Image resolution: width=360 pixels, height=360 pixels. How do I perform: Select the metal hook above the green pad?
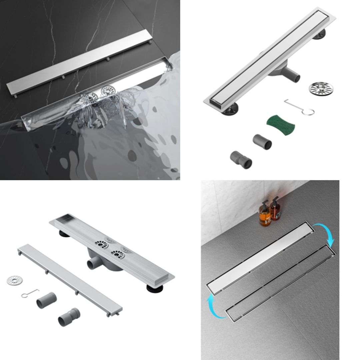pyautogui.click(x=300, y=107)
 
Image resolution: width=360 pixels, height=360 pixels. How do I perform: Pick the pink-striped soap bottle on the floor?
pyautogui.click(x=275, y=209)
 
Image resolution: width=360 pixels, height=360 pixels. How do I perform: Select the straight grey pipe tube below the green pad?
pyautogui.click(x=262, y=142)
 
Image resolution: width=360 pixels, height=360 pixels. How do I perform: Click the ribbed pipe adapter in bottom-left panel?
pyautogui.click(x=69, y=317)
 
